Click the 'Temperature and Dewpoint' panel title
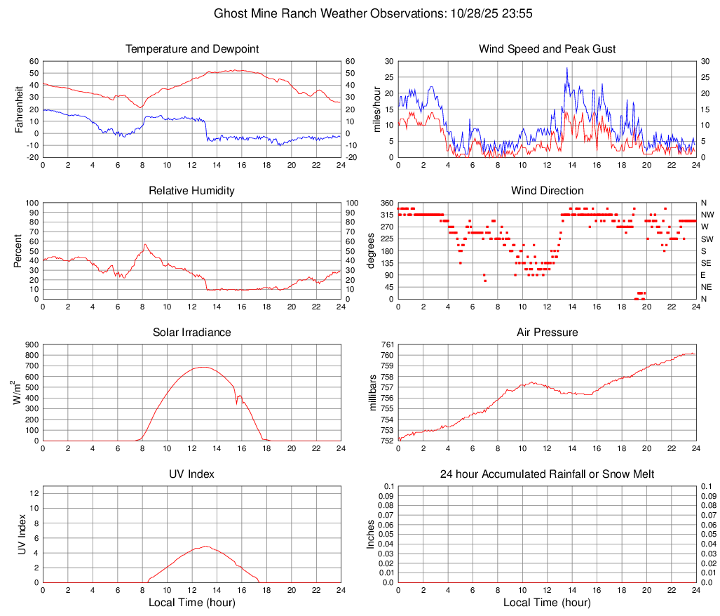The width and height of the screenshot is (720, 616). (x=192, y=49)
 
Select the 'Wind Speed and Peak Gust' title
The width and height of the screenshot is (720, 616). (x=547, y=49)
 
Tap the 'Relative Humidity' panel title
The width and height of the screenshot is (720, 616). (x=192, y=191)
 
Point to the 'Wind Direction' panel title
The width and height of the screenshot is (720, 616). (x=547, y=191)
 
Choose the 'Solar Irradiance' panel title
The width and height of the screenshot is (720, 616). (x=192, y=333)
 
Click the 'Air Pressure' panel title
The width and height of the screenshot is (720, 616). (x=547, y=333)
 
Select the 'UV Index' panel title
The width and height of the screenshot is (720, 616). (x=192, y=474)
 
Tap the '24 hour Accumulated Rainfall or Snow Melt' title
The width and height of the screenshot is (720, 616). (x=547, y=474)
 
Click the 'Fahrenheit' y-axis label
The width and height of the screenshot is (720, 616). (x=19, y=109)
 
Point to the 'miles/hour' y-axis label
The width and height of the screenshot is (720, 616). (x=377, y=109)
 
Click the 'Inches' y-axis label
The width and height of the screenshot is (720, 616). (x=372, y=534)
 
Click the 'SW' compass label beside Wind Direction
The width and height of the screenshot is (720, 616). (x=707, y=239)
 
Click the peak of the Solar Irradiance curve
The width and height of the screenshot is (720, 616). (x=203, y=367)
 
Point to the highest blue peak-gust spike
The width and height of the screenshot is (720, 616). (x=567, y=68)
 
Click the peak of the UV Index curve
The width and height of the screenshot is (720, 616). (x=205, y=546)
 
